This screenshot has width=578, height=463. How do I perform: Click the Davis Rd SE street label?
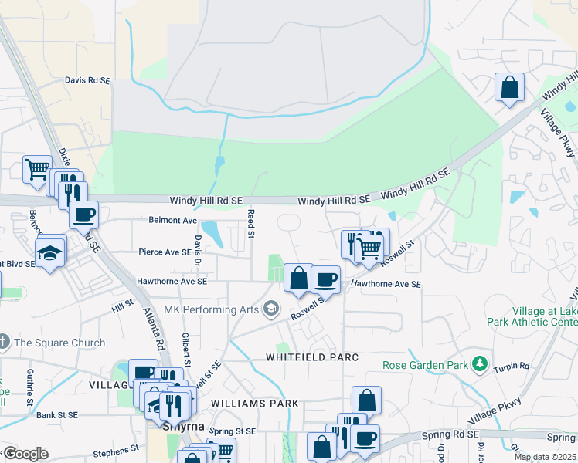click(x=87, y=79)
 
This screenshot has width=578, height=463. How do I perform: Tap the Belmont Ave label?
click(x=173, y=220)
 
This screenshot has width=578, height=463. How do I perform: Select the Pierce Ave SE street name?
click(x=165, y=252)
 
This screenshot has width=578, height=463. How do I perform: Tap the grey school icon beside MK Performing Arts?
click(x=271, y=309)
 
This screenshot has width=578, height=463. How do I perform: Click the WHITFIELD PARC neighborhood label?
click(x=312, y=357)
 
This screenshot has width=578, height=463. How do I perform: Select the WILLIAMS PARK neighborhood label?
click(x=254, y=404)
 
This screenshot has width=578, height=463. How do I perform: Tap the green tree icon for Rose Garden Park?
click(x=481, y=363)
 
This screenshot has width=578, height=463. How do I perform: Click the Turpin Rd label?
click(x=513, y=367)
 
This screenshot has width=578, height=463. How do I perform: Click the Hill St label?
click(x=122, y=308)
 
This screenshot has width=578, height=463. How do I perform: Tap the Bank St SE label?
click(x=57, y=415)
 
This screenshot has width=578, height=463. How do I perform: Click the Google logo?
click(x=25, y=454)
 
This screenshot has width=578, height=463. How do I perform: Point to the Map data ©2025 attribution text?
click(x=545, y=457)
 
